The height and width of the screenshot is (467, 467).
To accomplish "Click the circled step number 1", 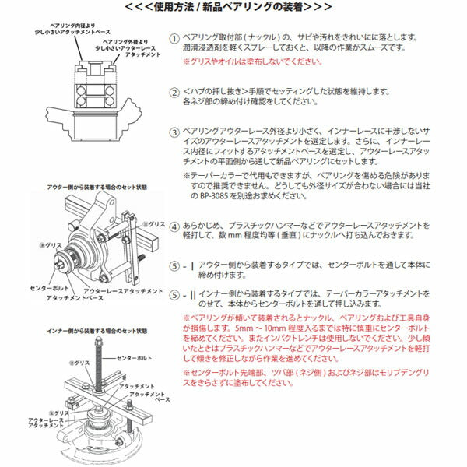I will coord(175,37).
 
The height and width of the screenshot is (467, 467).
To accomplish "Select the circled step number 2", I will coord(175,91).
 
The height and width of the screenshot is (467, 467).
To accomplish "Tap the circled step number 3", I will coord(175,132).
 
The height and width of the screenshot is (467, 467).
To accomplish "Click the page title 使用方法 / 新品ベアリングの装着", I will coord(233,7).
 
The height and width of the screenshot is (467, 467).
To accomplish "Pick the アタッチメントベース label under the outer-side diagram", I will coord(73,298).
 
